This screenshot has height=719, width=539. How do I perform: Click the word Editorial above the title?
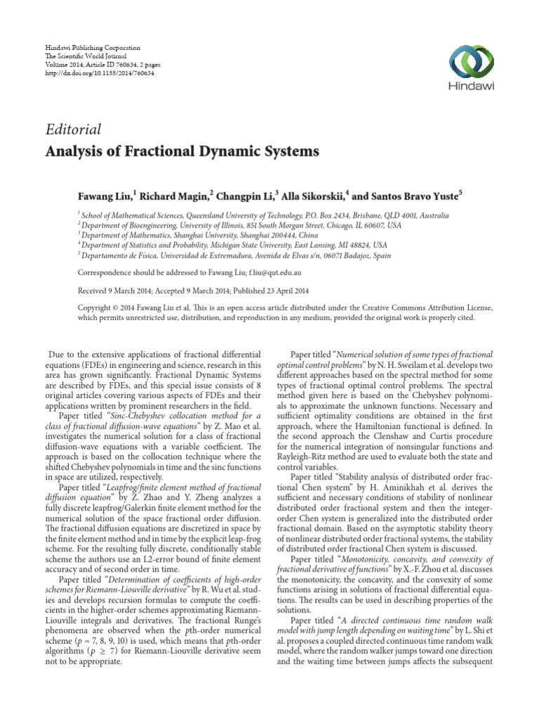[73, 128]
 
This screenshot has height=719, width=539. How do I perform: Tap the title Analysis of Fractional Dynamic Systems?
[182, 151]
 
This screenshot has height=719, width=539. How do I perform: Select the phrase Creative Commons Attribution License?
[416, 308]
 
